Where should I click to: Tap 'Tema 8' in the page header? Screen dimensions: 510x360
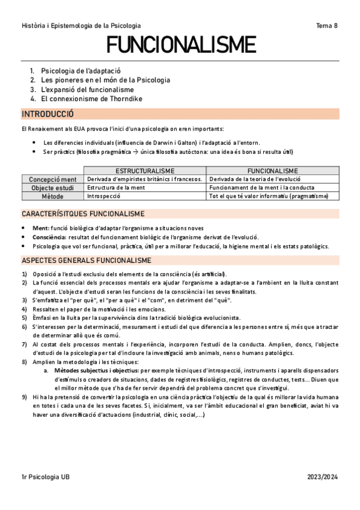(327, 26)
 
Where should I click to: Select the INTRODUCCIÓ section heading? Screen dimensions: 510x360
(47, 114)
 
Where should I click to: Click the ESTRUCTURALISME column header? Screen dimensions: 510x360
(145, 171)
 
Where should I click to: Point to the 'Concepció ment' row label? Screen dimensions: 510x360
(53, 179)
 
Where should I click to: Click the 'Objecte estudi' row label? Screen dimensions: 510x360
(53, 188)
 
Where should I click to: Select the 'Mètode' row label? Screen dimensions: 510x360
(53, 196)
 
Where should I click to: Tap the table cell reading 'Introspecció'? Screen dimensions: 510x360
(104, 196)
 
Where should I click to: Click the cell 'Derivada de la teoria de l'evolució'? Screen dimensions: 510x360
(255, 179)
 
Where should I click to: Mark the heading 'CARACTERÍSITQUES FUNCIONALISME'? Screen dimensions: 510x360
(82, 214)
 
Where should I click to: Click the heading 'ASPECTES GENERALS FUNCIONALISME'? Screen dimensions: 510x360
(87, 260)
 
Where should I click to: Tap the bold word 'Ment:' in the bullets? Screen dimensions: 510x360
(41, 229)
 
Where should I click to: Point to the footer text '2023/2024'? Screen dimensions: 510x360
(322, 494)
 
